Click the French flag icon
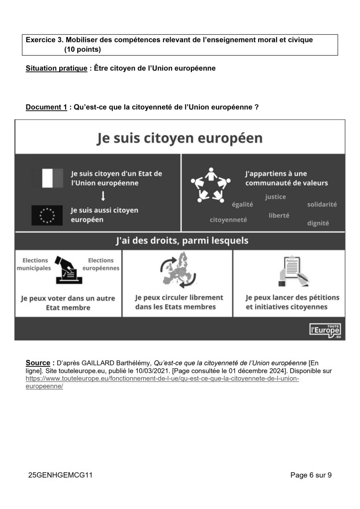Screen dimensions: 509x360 point(48,178)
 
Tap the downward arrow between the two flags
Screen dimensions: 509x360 point(102,195)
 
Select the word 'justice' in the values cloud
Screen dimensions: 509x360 point(275,197)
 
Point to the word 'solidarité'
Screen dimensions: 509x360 point(322,204)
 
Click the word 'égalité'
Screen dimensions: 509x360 point(243,204)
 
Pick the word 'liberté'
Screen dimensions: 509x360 point(279,215)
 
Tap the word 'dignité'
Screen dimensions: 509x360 point(318,223)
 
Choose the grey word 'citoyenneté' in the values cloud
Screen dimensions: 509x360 point(228,220)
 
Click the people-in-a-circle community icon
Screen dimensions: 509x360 point(210,185)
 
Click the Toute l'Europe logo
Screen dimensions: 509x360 point(326,329)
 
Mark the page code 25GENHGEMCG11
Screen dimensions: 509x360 point(61,475)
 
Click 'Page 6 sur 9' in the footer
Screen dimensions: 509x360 point(311,475)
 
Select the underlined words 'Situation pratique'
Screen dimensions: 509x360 point(56,68)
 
